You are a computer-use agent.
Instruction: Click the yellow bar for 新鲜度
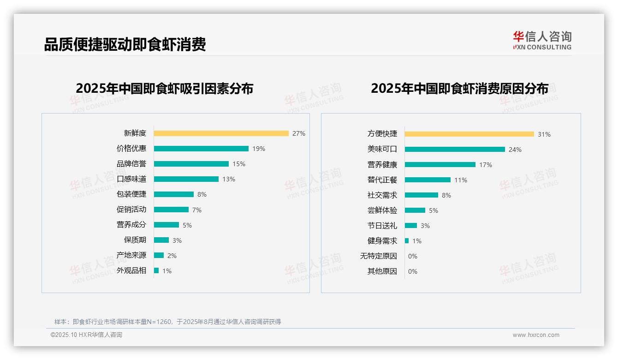221,133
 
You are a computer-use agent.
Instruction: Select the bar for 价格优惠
201,149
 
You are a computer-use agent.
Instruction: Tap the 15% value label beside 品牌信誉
239,164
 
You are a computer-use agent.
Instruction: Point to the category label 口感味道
131,179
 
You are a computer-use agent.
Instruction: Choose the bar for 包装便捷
174,194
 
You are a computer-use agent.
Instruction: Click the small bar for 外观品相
156,270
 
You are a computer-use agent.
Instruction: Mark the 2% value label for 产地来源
172,256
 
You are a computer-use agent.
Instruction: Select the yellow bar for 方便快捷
469,134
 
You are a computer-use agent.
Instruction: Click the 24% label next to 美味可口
515,150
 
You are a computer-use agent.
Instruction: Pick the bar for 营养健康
440,165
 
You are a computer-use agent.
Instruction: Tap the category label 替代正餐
382,180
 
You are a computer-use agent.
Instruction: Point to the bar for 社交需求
422,195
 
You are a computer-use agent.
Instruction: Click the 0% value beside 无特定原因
413,256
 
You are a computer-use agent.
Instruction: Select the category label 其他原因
382,271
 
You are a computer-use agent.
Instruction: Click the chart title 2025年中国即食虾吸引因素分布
165,89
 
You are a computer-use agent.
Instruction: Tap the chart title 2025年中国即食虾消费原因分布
459,89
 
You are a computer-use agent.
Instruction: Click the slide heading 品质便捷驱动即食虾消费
125,44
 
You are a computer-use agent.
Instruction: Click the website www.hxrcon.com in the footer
536,335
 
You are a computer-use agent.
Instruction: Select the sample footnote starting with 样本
167,322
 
